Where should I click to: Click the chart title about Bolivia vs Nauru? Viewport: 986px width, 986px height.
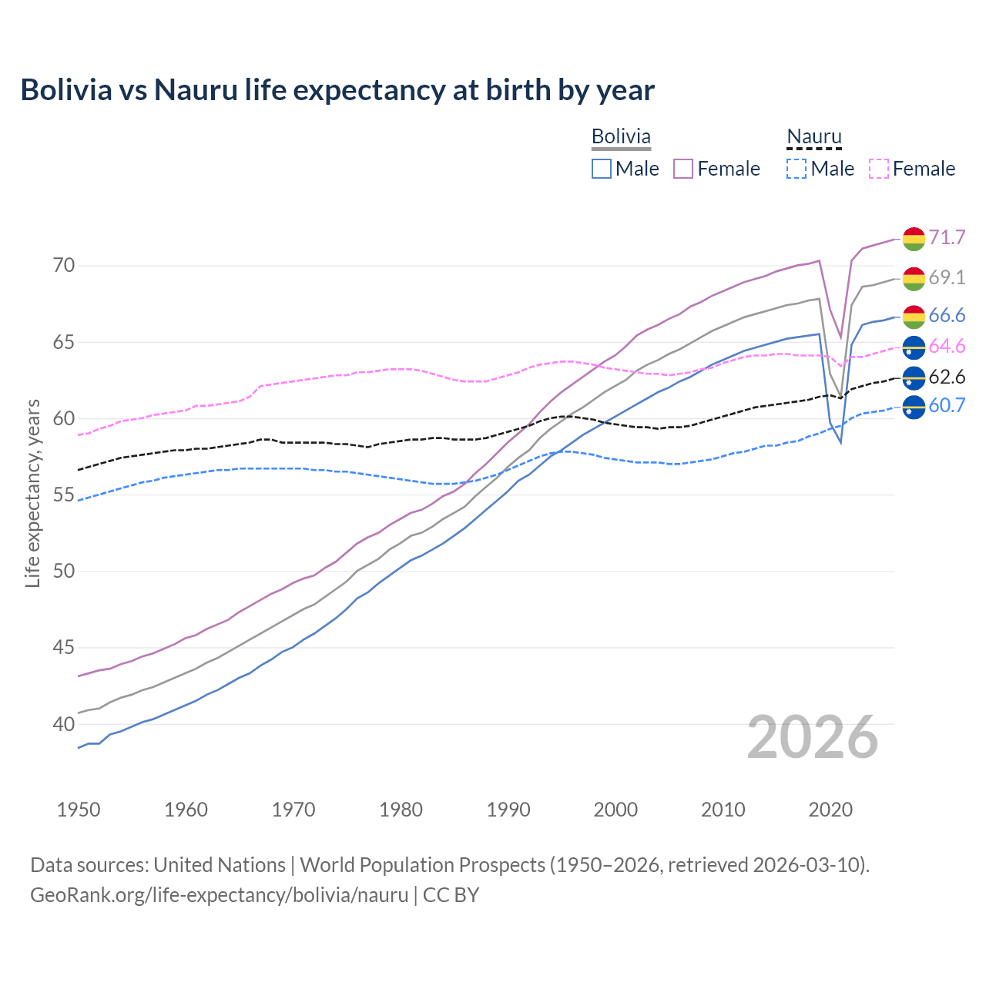[x=337, y=90]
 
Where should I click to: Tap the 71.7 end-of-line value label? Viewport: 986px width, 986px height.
[x=947, y=237]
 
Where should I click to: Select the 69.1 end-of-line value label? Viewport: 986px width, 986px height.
[x=947, y=277]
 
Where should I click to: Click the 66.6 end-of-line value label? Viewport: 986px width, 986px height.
[x=947, y=315]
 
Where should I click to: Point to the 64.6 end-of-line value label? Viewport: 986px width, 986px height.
[x=947, y=346]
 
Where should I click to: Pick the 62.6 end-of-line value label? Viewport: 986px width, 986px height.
[x=947, y=377]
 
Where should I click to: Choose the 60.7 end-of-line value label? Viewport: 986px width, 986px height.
[x=947, y=405]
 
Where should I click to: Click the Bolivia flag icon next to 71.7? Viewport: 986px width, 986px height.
[x=914, y=239]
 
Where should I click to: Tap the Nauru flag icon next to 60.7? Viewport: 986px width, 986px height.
[x=914, y=407]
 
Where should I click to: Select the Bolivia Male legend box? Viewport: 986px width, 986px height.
[x=602, y=169]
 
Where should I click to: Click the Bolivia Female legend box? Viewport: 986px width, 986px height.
[x=683, y=169]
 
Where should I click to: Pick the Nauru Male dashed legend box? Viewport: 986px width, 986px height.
[x=797, y=169]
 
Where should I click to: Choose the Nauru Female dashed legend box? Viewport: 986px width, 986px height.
[x=879, y=169]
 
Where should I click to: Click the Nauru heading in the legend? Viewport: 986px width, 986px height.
[x=814, y=136]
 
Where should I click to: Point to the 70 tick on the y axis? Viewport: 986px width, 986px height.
[x=64, y=266]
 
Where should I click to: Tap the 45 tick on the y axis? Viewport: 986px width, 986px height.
[x=64, y=648]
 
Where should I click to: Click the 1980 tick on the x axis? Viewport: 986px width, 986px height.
[x=401, y=810]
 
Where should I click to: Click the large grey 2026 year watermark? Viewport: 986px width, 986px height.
[x=813, y=737]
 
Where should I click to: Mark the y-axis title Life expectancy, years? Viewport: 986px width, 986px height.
[x=33, y=493]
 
